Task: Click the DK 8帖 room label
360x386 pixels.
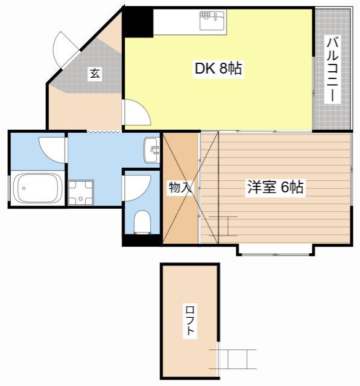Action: (218, 69)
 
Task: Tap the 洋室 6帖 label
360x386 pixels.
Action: (275, 187)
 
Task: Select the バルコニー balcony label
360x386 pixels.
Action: (332, 70)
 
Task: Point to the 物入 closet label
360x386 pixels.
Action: (180, 188)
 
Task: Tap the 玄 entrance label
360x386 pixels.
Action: (95, 74)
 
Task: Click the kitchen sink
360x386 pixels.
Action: (212, 21)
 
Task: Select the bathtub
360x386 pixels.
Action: (37, 188)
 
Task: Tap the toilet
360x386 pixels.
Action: (142, 221)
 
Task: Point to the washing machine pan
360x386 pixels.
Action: (80, 192)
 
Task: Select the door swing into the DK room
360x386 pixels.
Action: (136, 112)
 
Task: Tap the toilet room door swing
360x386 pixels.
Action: (137, 188)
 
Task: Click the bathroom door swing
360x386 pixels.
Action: (52, 150)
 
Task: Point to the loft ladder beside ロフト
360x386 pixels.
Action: (233, 359)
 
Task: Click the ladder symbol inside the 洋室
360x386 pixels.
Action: (223, 226)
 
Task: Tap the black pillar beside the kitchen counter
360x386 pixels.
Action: (137, 23)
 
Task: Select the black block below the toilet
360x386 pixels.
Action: (142, 240)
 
